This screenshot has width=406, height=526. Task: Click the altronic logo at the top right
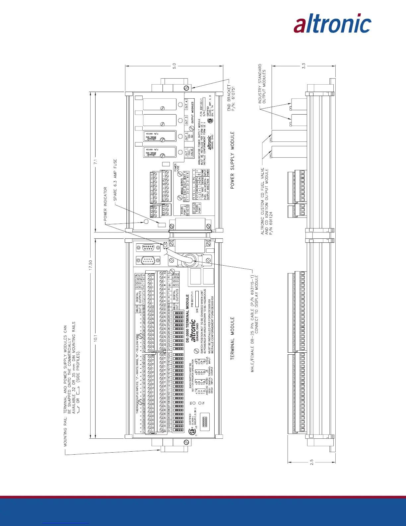tap(332, 24)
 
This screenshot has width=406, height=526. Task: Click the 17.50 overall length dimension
tap(90, 266)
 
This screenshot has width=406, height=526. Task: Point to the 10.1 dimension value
tap(95, 338)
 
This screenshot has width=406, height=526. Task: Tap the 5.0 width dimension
tap(174, 66)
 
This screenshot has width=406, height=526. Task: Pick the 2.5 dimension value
tap(312, 462)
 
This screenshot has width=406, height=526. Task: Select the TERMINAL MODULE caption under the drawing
tap(232, 338)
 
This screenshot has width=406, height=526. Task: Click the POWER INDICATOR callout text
tap(105, 204)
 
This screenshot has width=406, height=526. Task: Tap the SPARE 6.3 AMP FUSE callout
tap(115, 180)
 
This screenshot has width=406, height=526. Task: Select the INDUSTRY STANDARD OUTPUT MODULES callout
tap(262, 84)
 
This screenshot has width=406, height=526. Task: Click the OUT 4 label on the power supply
tap(186, 105)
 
